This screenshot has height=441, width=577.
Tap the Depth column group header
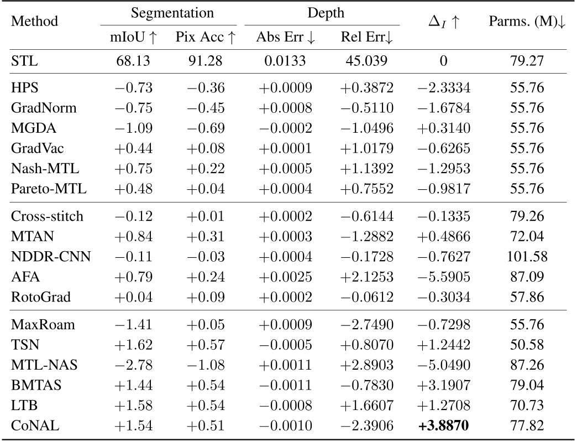[322, 12]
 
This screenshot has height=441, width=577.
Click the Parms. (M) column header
[529, 22]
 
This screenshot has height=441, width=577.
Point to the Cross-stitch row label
[47, 216]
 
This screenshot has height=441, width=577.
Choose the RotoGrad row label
[40, 297]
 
